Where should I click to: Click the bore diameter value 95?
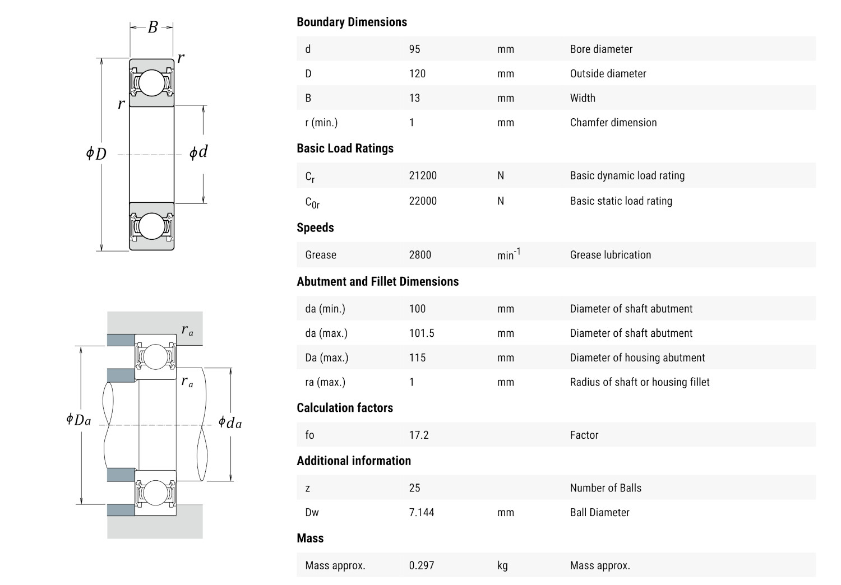click(x=414, y=49)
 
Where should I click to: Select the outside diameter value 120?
click(x=417, y=74)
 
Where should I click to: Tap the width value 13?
click(x=414, y=98)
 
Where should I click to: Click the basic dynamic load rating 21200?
click(x=423, y=175)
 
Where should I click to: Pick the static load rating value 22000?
click(x=423, y=201)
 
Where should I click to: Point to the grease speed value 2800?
click(x=420, y=255)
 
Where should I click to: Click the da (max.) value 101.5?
click(x=422, y=333)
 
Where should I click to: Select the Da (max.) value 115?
click(x=417, y=357)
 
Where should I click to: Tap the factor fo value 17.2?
click(x=419, y=435)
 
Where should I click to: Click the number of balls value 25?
click(x=414, y=488)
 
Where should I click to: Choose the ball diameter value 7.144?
click(x=422, y=512)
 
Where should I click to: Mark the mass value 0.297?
click(x=422, y=565)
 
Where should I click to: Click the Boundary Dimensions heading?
click(x=352, y=22)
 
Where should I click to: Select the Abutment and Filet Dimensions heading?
click(x=377, y=281)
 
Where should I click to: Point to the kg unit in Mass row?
click(x=502, y=565)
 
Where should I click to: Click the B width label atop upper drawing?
click(x=153, y=27)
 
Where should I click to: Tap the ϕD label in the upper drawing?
click(x=96, y=154)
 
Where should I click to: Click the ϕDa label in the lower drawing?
click(x=78, y=420)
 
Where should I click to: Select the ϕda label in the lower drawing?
click(x=230, y=422)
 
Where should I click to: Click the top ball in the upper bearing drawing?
click(x=152, y=82)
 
